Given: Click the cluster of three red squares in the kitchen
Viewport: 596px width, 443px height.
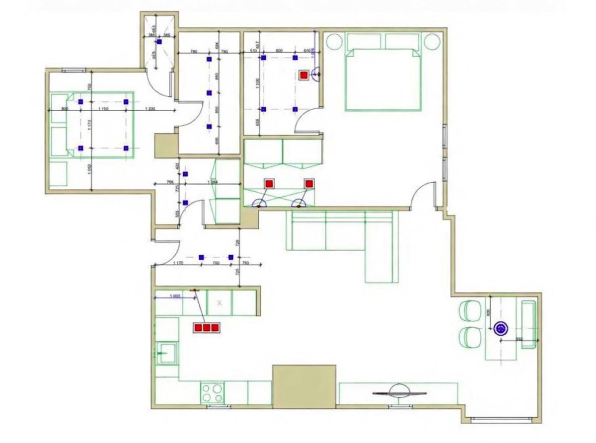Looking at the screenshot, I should tap(206, 327).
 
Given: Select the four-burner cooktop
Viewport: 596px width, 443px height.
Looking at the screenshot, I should tap(212, 393).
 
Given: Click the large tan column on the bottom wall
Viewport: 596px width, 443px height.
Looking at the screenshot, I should tap(304, 386).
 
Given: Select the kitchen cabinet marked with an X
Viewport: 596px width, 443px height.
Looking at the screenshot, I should tap(220, 302).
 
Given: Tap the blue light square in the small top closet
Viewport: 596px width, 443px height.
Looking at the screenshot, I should tap(159, 42).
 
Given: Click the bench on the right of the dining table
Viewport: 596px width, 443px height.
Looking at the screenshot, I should tap(528, 323).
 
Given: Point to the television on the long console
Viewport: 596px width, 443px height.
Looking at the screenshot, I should tap(399, 392).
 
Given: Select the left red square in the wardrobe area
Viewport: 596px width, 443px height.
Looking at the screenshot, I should tap(269, 184).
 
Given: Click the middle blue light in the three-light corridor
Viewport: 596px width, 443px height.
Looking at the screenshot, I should tap(209, 93).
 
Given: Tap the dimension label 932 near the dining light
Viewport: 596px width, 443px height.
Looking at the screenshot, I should tap(520, 338).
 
